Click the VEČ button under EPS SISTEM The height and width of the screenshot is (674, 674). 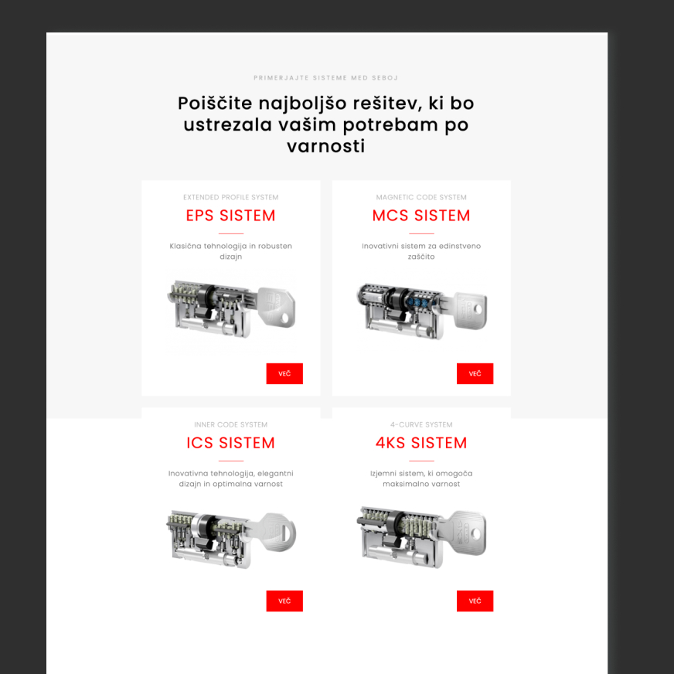(x=284, y=373)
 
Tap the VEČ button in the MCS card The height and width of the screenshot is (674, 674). (x=475, y=373)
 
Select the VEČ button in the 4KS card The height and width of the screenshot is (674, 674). (x=475, y=601)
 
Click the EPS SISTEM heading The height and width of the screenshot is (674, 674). (x=231, y=216)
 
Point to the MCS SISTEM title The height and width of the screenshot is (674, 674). (x=421, y=216)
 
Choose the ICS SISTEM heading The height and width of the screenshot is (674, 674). (x=231, y=443)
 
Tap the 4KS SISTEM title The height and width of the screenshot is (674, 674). (x=421, y=443)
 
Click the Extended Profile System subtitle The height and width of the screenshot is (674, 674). (x=231, y=197)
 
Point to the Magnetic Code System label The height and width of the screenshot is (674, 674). (x=421, y=197)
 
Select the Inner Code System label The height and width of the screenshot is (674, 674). (x=231, y=424)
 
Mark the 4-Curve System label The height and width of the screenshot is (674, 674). (x=421, y=424)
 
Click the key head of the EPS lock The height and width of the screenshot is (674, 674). (x=277, y=308)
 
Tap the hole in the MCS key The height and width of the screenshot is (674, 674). (x=478, y=308)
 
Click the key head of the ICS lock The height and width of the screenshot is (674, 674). (x=277, y=533)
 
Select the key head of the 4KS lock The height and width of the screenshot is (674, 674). (x=468, y=533)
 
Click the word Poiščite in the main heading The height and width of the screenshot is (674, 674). (x=215, y=104)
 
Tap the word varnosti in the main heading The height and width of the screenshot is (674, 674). (x=326, y=147)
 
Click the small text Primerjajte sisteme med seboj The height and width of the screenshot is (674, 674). (x=326, y=78)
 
